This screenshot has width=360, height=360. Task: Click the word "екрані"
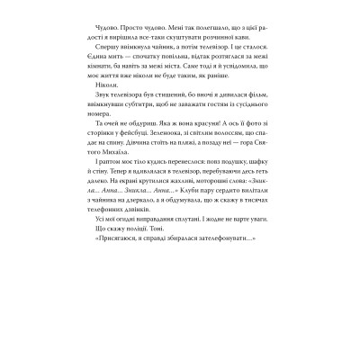click(137, 265)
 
